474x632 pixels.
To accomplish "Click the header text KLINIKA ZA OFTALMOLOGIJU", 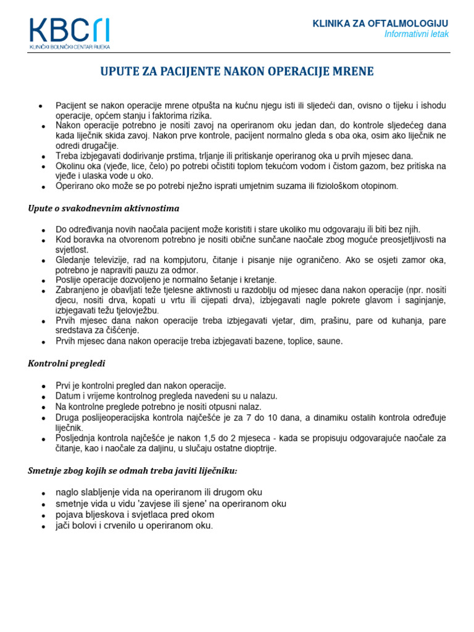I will [x=381, y=23].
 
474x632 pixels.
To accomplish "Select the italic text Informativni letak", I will [x=416, y=34].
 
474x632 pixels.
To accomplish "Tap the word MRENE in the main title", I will [x=353, y=72].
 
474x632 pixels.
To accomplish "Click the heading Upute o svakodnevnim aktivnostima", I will [x=104, y=208].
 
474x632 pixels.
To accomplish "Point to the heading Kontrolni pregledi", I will [x=67, y=364].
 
